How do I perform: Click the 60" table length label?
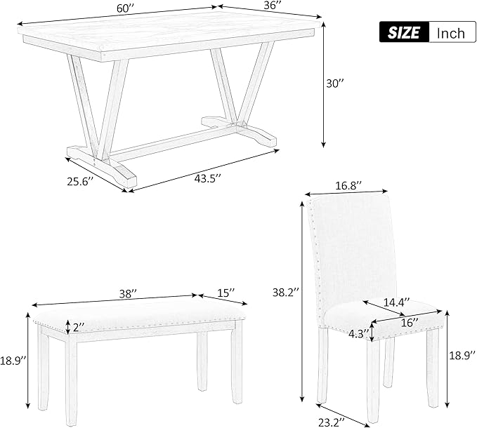point(125,8)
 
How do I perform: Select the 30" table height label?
point(335,83)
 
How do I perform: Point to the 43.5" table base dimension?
point(207,179)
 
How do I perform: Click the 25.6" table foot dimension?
point(79,181)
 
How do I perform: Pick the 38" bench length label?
point(128,294)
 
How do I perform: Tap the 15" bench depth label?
point(226,293)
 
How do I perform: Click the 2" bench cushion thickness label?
point(79,327)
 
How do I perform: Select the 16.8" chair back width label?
point(348,186)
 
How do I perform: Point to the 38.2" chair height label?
point(286,293)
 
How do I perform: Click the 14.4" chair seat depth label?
point(396,302)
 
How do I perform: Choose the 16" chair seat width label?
point(410,323)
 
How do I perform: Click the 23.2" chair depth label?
point(332,422)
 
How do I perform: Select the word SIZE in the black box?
point(404,32)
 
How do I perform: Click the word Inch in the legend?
point(451,33)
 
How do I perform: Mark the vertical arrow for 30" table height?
point(324,84)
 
